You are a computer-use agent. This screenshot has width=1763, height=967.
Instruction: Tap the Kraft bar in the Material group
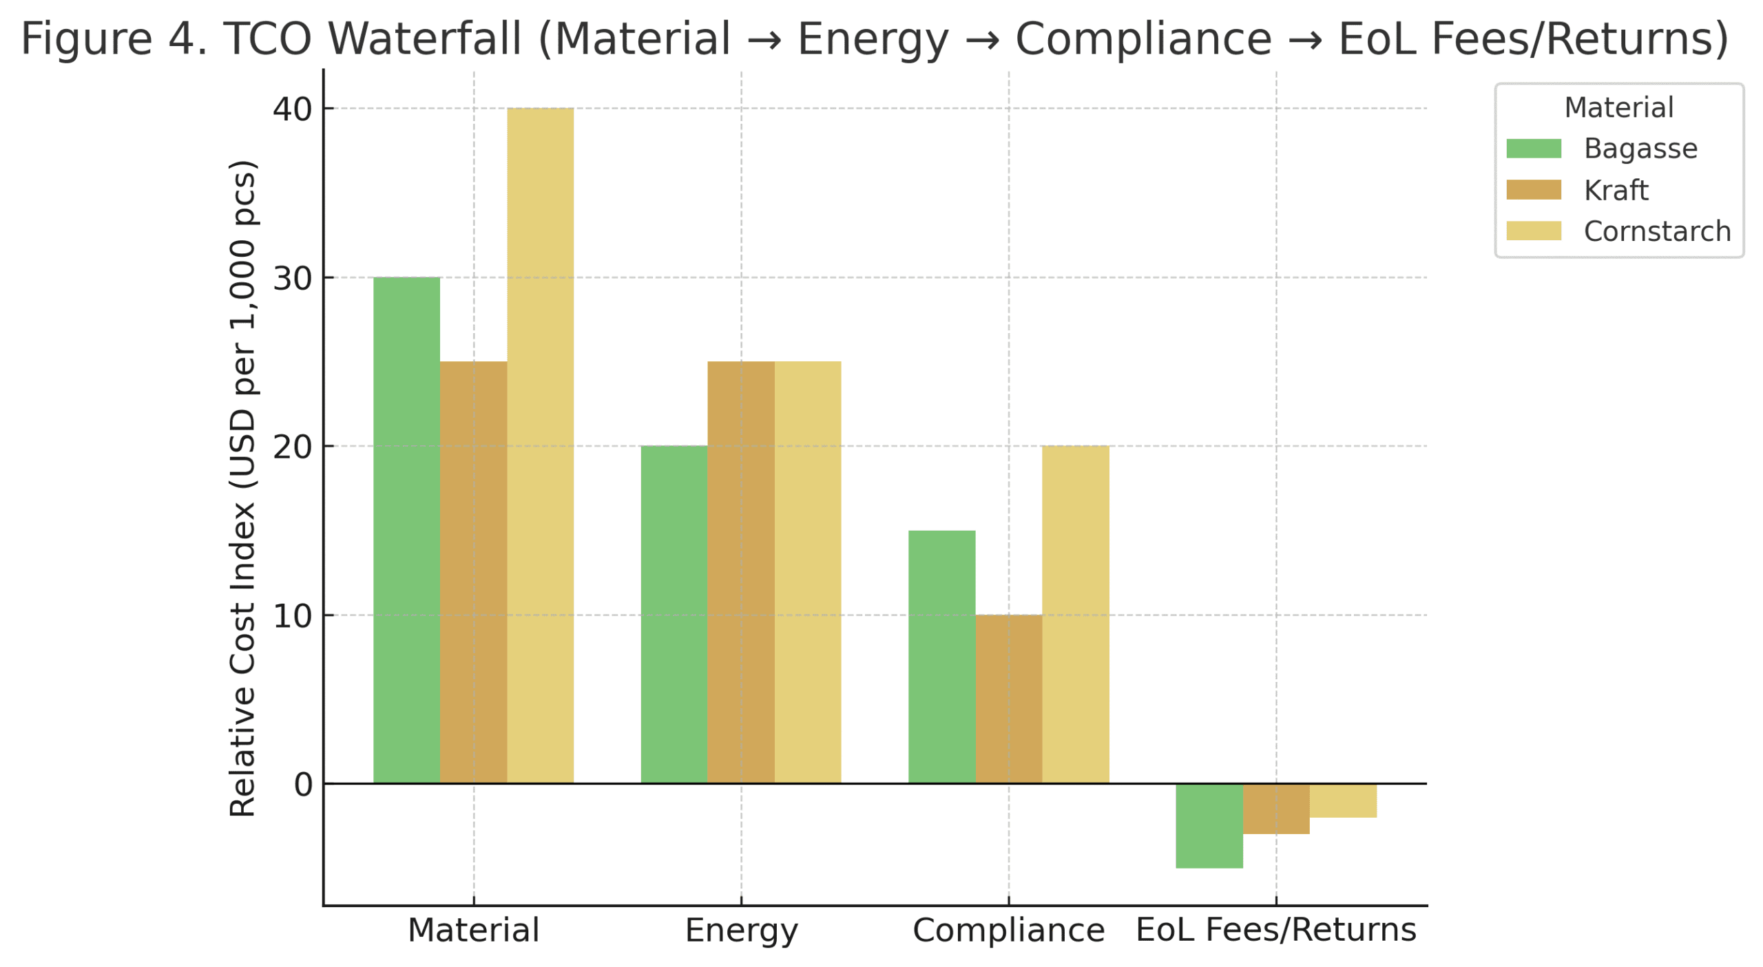[x=473, y=571]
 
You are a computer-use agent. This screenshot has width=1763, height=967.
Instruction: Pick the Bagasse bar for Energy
[x=674, y=613]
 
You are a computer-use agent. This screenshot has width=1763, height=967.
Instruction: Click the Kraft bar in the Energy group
[x=740, y=571]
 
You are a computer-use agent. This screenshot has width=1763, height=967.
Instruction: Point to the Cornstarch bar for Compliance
[x=1075, y=613]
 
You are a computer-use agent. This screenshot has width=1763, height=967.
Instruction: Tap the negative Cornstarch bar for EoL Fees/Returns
[x=1342, y=800]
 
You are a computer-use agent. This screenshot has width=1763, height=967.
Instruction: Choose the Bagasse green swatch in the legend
[x=1533, y=148]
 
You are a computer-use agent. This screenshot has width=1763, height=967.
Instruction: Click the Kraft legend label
[x=1616, y=190]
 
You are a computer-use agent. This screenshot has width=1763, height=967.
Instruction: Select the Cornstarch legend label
[x=1656, y=231]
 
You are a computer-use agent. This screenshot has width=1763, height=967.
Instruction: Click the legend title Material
[x=1618, y=107]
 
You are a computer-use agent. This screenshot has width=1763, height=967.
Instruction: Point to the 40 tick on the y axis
[x=292, y=109]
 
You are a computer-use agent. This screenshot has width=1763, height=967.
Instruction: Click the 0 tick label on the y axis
[x=302, y=783]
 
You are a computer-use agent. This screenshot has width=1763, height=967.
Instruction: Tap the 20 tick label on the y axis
[x=292, y=447]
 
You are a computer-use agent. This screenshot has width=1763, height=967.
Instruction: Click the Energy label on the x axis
[x=741, y=930]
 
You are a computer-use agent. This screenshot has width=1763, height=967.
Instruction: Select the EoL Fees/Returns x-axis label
[x=1275, y=930]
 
